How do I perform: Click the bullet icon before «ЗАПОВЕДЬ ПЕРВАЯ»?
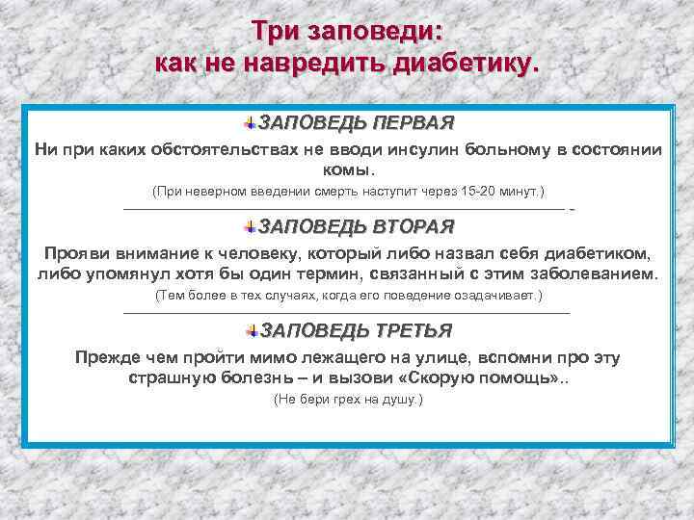250,124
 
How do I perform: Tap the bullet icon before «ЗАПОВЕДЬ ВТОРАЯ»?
250,227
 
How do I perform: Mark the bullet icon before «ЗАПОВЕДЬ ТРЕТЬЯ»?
250,331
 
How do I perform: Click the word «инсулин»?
422,150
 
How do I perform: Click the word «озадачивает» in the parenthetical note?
497,295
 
